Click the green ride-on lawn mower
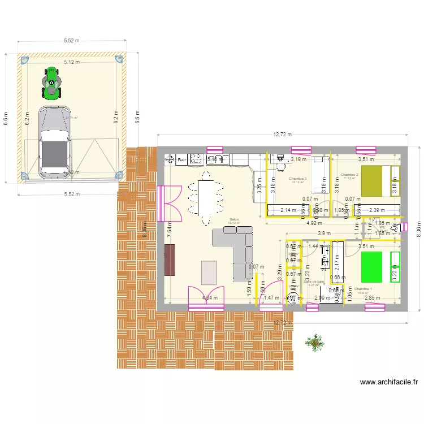pos(51,83)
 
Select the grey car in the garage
pos(54,141)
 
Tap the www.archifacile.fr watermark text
pos(389,383)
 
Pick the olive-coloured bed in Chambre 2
pos(375,181)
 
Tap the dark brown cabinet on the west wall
pos(170,259)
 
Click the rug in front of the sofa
pos(209,272)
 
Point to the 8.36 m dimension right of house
pos(418,230)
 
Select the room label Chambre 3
pos(297,179)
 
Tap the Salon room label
pos(234,219)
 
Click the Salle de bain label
pos(314,281)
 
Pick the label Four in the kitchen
pos(181,160)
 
